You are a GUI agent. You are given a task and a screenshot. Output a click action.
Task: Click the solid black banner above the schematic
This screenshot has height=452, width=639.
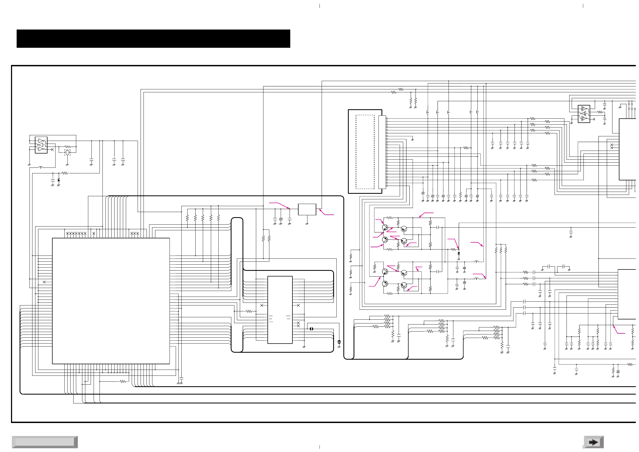(x=153, y=38)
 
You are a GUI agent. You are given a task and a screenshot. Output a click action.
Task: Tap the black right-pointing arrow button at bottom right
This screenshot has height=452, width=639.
(x=593, y=442)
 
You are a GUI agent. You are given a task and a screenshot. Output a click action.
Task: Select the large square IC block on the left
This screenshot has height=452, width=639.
(x=111, y=301)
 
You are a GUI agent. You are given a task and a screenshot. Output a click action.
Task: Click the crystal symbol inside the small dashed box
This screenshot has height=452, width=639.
(x=67, y=152)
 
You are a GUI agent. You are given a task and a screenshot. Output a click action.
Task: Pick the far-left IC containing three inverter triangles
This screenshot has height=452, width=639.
(x=41, y=145)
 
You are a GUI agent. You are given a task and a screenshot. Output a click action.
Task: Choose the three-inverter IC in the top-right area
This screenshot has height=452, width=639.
(x=584, y=114)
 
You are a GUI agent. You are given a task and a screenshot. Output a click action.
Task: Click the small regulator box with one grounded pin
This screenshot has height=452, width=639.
(x=307, y=209)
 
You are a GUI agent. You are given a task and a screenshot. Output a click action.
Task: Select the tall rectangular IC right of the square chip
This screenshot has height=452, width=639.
(x=280, y=310)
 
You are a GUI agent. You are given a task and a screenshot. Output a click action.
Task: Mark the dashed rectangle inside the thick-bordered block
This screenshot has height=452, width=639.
(x=365, y=152)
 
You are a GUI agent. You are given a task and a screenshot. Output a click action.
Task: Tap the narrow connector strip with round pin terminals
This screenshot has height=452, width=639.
(x=382, y=152)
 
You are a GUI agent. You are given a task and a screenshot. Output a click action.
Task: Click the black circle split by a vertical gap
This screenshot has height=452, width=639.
(x=311, y=329)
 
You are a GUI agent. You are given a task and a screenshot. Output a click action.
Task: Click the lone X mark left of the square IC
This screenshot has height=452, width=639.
(x=44, y=282)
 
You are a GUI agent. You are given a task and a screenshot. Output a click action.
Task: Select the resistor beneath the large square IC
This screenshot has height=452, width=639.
(x=123, y=381)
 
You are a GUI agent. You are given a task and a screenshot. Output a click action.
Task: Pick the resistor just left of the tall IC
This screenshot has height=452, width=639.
(x=249, y=311)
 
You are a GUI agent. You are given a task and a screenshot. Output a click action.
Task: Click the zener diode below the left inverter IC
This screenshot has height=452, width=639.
(x=58, y=180)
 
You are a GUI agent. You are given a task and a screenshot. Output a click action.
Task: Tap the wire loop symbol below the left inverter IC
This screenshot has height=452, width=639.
(x=41, y=167)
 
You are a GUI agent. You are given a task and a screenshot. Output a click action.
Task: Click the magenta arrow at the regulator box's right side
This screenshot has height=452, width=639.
(x=326, y=213)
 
